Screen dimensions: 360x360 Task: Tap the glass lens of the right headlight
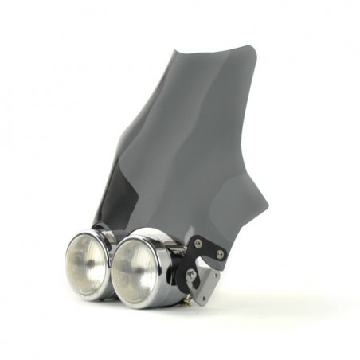point(134,269)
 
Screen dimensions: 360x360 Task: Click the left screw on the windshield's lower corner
point(198,243)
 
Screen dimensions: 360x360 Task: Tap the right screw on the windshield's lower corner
point(220,254)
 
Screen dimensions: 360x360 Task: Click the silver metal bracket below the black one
point(205,283)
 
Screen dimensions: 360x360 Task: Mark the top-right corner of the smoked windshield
point(254,48)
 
